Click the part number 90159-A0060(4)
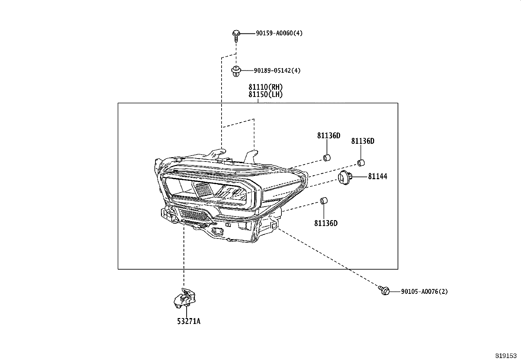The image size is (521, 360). [279, 33]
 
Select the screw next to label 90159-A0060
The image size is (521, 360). [236, 35]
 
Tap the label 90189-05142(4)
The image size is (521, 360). [277, 70]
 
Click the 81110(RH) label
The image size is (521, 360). [265, 87]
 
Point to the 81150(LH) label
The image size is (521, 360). [265, 94]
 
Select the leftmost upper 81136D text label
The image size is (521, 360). [329, 136]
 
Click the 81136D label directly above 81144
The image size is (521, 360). [363, 141]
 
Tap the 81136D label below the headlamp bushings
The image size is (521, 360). [326, 223]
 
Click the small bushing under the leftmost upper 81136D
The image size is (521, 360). [327, 158]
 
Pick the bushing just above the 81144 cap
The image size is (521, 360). [361, 162]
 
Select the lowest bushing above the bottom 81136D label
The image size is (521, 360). [323, 201]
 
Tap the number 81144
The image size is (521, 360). [377, 177]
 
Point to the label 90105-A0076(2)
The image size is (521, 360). [424, 292]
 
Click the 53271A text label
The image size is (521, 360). [189, 321]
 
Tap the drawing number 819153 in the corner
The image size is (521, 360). [506, 355]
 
